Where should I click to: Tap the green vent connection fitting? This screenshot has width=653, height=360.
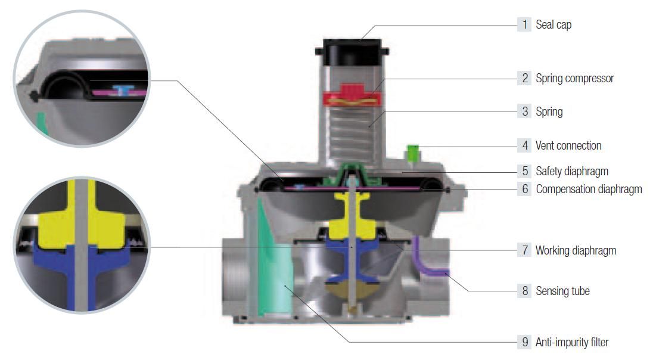coord(413,153)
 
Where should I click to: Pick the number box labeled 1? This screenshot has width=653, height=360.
coord(524,24)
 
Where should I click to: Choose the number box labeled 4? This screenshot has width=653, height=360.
coord(524,145)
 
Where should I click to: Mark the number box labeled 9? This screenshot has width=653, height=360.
coord(524,342)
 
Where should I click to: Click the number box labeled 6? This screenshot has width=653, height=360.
coord(524,189)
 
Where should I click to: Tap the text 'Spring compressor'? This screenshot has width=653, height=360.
coord(575,78)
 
